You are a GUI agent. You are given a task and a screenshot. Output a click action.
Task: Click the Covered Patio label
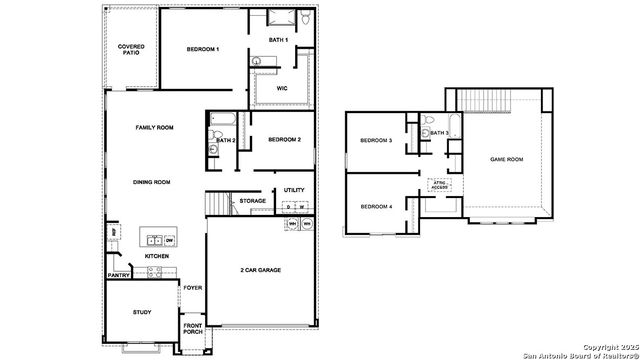pos(130,49)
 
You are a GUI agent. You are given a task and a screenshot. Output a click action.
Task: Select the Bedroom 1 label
pos(203,49)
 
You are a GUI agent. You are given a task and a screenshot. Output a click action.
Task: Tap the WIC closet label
pos(282,88)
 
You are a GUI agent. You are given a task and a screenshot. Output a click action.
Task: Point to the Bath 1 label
pos(278,39)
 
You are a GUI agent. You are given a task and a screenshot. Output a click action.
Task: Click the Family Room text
pos(155,128)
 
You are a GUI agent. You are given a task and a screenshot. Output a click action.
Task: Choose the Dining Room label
pos(152,182)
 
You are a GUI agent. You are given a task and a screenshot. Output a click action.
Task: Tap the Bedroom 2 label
pos(284,139)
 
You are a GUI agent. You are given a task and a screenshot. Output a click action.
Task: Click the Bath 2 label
pos(226,140)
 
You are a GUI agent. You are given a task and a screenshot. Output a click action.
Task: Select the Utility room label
pos(294,190)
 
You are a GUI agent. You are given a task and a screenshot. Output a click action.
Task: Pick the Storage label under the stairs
pos(252,201)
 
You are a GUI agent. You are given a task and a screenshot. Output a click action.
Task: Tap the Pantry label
pos(118,275)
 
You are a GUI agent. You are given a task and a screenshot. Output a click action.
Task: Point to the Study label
pos(142,312)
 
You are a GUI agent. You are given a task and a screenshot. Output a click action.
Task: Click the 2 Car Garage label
pos(266,271)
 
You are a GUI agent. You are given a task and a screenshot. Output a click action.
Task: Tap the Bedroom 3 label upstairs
pos(375,140)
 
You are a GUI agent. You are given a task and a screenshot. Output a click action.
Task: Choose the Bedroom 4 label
pos(375,206)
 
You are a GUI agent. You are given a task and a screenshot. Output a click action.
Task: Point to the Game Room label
pos(506,159)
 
